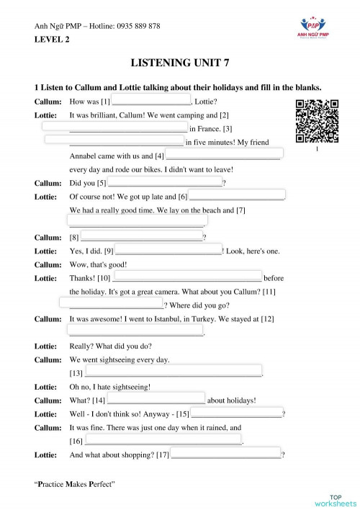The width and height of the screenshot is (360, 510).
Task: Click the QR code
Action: [317, 122]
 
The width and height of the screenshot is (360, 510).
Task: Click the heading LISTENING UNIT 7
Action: [180, 63]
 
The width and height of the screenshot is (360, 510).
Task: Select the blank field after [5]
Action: [166, 182]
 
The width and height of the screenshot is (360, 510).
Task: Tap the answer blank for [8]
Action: [142, 236]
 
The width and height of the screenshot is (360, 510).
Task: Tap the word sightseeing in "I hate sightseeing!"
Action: [128, 386]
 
